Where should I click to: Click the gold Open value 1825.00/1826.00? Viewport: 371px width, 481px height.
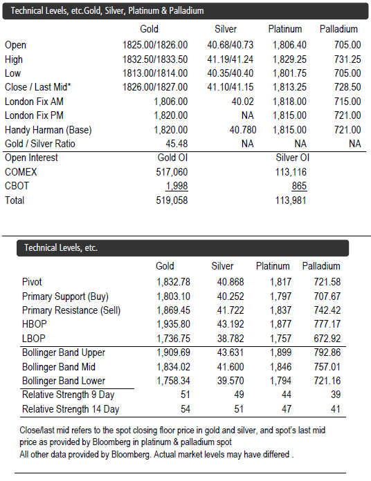[155, 45]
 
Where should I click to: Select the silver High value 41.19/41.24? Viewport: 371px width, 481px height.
[230, 59]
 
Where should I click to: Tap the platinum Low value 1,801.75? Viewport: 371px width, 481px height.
[289, 73]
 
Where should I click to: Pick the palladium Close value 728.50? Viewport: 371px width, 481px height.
[347, 87]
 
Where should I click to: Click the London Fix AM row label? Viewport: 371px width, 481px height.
[34, 102]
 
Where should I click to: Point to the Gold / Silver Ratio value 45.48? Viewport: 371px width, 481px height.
[177, 144]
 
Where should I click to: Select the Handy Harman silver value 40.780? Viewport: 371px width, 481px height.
[243, 130]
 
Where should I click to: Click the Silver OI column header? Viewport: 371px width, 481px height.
[292, 158]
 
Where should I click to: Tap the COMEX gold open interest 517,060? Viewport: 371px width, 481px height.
[172, 172]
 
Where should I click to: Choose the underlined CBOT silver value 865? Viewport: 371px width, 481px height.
[299, 186]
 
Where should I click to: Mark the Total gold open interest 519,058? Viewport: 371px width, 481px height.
[172, 200]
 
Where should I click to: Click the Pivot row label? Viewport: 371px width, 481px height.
[32, 282]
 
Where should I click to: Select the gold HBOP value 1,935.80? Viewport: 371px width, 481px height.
[174, 324]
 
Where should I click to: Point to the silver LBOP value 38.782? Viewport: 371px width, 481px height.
[230, 339]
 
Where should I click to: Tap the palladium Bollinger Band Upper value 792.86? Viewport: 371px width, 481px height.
[327, 352]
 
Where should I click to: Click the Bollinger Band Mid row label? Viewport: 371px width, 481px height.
[59, 367]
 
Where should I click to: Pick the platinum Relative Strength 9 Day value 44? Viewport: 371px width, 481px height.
[287, 395]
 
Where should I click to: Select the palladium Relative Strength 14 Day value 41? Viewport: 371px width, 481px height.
[336, 409]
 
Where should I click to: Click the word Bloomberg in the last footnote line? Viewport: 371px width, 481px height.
[131, 454]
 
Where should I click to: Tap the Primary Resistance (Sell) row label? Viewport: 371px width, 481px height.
[71, 310]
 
